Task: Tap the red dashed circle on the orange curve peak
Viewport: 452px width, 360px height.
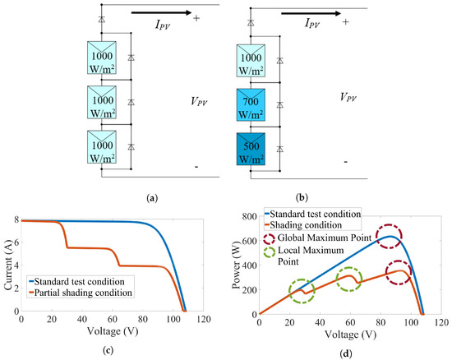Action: pos(399,272)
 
